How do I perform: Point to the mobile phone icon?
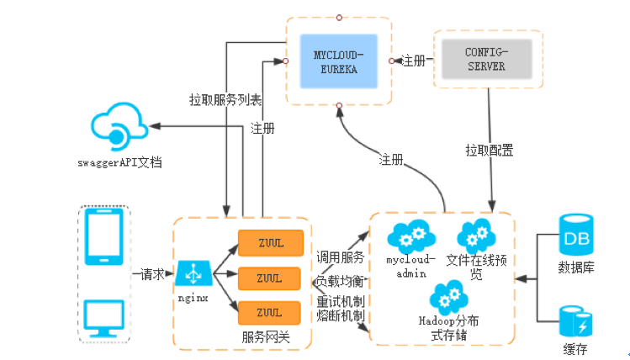click(x=105, y=236)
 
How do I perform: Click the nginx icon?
click(x=193, y=273)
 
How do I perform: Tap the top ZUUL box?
click(x=269, y=243)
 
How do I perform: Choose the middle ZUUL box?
click(x=269, y=278)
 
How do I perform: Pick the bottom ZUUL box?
click(x=269, y=312)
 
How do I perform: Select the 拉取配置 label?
click(x=490, y=151)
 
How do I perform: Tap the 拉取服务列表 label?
click(x=225, y=99)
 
